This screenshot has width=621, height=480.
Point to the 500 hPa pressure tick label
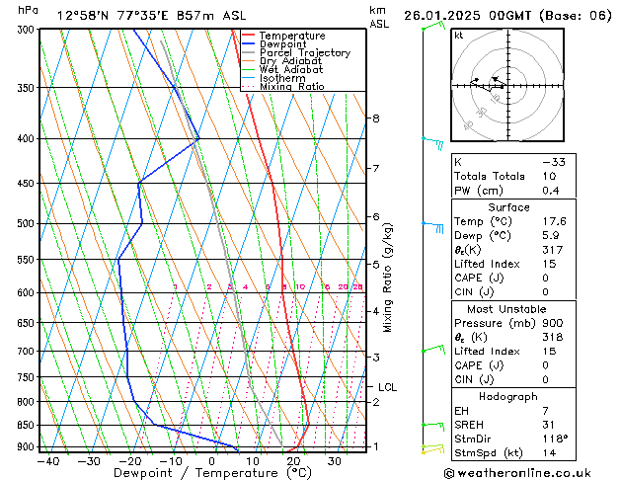[21, 223]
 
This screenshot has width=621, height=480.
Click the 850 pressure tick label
[21, 425]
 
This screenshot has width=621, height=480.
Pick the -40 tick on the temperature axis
[47, 461]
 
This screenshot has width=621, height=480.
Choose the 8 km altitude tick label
[375, 119]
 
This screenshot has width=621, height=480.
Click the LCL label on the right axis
[387, 387]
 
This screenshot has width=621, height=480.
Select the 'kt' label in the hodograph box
[459, 36]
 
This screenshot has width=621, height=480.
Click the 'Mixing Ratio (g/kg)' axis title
[388, 277]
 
